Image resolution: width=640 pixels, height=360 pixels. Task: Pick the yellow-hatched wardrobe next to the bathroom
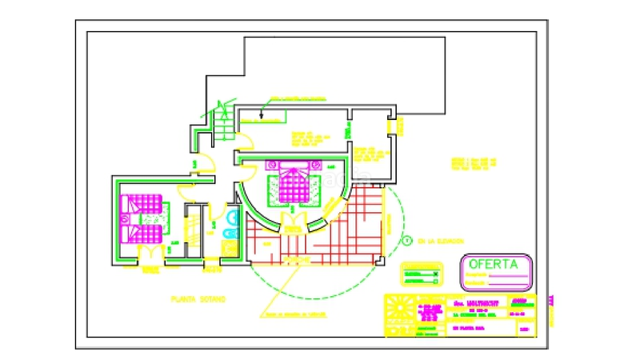point(192,230)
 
